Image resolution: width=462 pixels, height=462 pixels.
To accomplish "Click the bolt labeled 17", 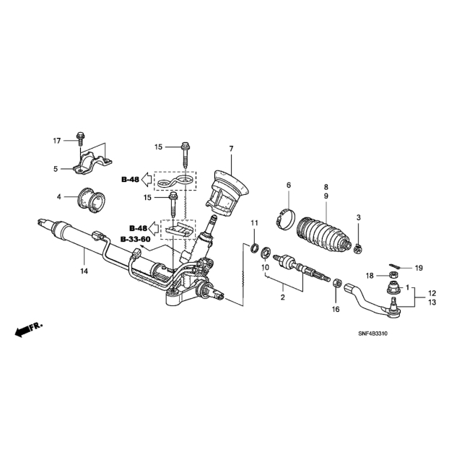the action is pos(79,139).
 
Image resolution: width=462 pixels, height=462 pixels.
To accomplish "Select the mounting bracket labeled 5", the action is pos(92,164).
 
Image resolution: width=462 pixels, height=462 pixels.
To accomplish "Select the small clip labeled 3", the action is pos(358,249).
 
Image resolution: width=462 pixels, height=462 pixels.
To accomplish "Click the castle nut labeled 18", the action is pos(393,275).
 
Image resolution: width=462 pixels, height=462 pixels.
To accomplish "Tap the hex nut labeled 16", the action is pos(337,283).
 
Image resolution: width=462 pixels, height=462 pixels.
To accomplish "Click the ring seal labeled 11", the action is pos(254,248).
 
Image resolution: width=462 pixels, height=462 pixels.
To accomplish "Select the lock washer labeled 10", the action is pos(265,253).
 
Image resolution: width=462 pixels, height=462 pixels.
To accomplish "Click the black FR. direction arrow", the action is pos(29,329).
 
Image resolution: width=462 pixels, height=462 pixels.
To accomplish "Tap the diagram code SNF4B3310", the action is pos(372,334).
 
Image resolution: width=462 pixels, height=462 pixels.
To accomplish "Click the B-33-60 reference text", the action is pos(135,239).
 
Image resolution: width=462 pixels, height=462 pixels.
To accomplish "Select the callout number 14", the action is pos(84,271).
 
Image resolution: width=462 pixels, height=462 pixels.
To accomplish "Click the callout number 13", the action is pos(432,302).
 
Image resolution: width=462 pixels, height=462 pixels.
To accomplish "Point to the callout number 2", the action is pos(283,297).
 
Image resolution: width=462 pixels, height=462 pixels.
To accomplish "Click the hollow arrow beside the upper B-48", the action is pos(146,180).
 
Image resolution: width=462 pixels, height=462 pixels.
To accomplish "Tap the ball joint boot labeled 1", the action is pos(393,288).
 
